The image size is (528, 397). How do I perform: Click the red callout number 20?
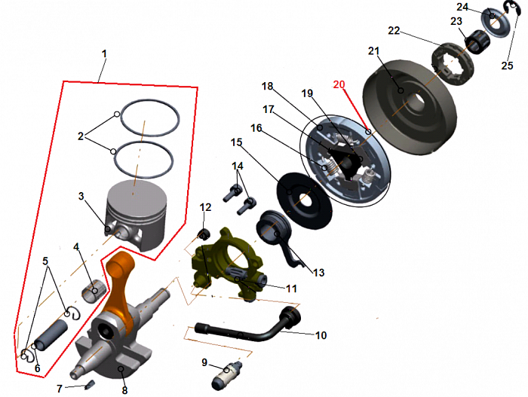coord(339,84)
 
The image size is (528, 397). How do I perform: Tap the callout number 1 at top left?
coord(104,53)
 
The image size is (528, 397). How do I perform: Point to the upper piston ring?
coord(150,100)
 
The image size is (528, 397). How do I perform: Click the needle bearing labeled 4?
coord(94,292)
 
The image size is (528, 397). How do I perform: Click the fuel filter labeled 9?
coord(226,374)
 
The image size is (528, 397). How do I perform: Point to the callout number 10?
coord(321,335)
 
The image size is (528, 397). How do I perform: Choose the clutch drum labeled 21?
coord(410,107)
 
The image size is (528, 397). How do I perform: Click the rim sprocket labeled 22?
coord(453,64)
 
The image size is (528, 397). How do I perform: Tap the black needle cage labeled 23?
coord(477,41)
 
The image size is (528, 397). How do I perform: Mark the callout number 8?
coord(124,390)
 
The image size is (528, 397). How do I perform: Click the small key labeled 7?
coord(91,384)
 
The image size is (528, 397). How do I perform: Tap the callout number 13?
coord(318,272)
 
